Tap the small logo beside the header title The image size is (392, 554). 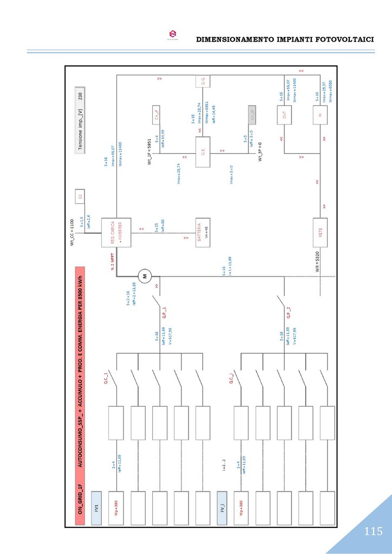coord(173,35)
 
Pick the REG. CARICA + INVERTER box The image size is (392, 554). coord(116,232)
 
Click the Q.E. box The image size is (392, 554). coord(202,153)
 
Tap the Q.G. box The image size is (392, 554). coord(202,82)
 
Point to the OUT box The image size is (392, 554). coord(284,115)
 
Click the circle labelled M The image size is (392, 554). coord(145,276)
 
